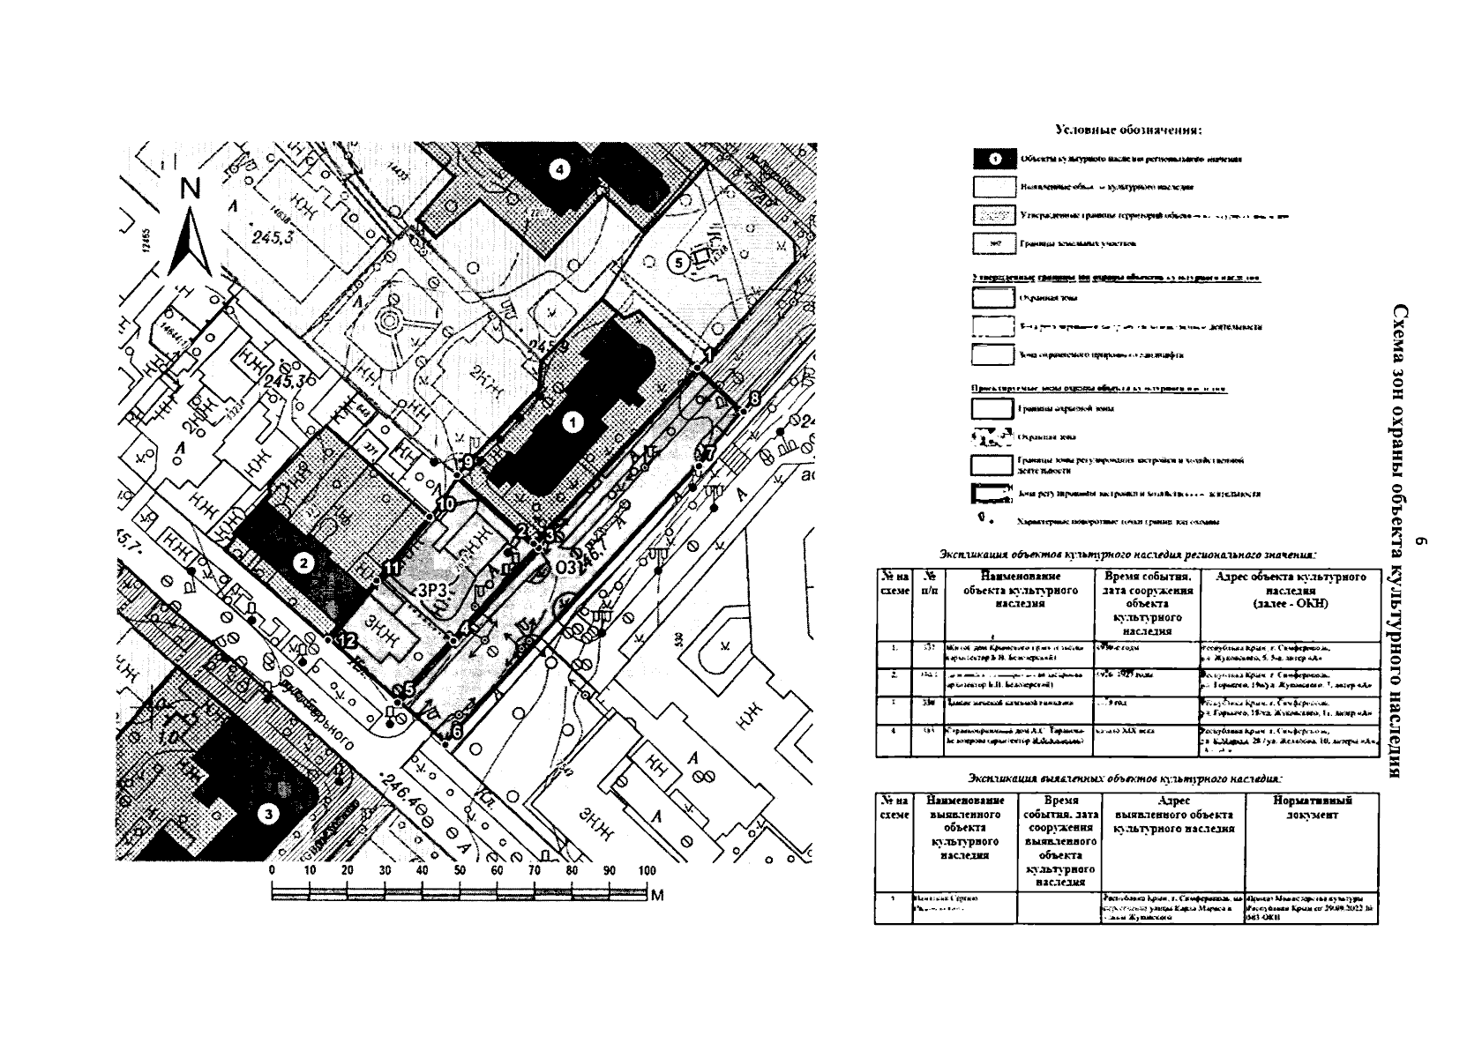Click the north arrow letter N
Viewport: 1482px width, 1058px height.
pyautogui.click(x=191, y=189)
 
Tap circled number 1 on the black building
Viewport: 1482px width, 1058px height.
pyautogui.click(x=573, y=423)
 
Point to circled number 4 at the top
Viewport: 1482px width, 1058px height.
pyautogui.click(x=559, y=169)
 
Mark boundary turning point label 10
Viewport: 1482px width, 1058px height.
pyautogui.click(x=444, y=503)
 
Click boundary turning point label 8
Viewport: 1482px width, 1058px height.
pyautogui.click(x=754, y=399)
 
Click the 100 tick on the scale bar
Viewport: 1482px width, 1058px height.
pyautogui.click(x=647, y=870)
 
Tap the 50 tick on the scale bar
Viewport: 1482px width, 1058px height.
pyautogui.click(x=460, y=870)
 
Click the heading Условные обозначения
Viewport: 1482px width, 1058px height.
pyautogui.click(x=1128, y=130)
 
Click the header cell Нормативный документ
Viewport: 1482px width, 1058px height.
pyautogui.click(x=1312, y=808)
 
